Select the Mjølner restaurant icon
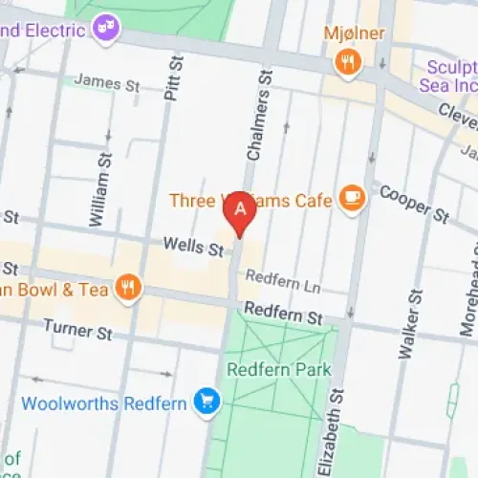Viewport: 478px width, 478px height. [x=346, y=62]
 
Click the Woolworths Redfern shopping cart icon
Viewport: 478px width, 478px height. [x=205, y=402]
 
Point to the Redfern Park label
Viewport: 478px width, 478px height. [x=278, y=369]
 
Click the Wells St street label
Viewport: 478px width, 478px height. [x=192, y=249]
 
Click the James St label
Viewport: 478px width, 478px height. [x=106, y=83]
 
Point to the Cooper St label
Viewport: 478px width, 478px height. [x=414, y=205]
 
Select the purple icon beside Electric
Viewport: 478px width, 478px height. [x=105, y=29]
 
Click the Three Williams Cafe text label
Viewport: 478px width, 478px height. [x=250, y=200]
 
